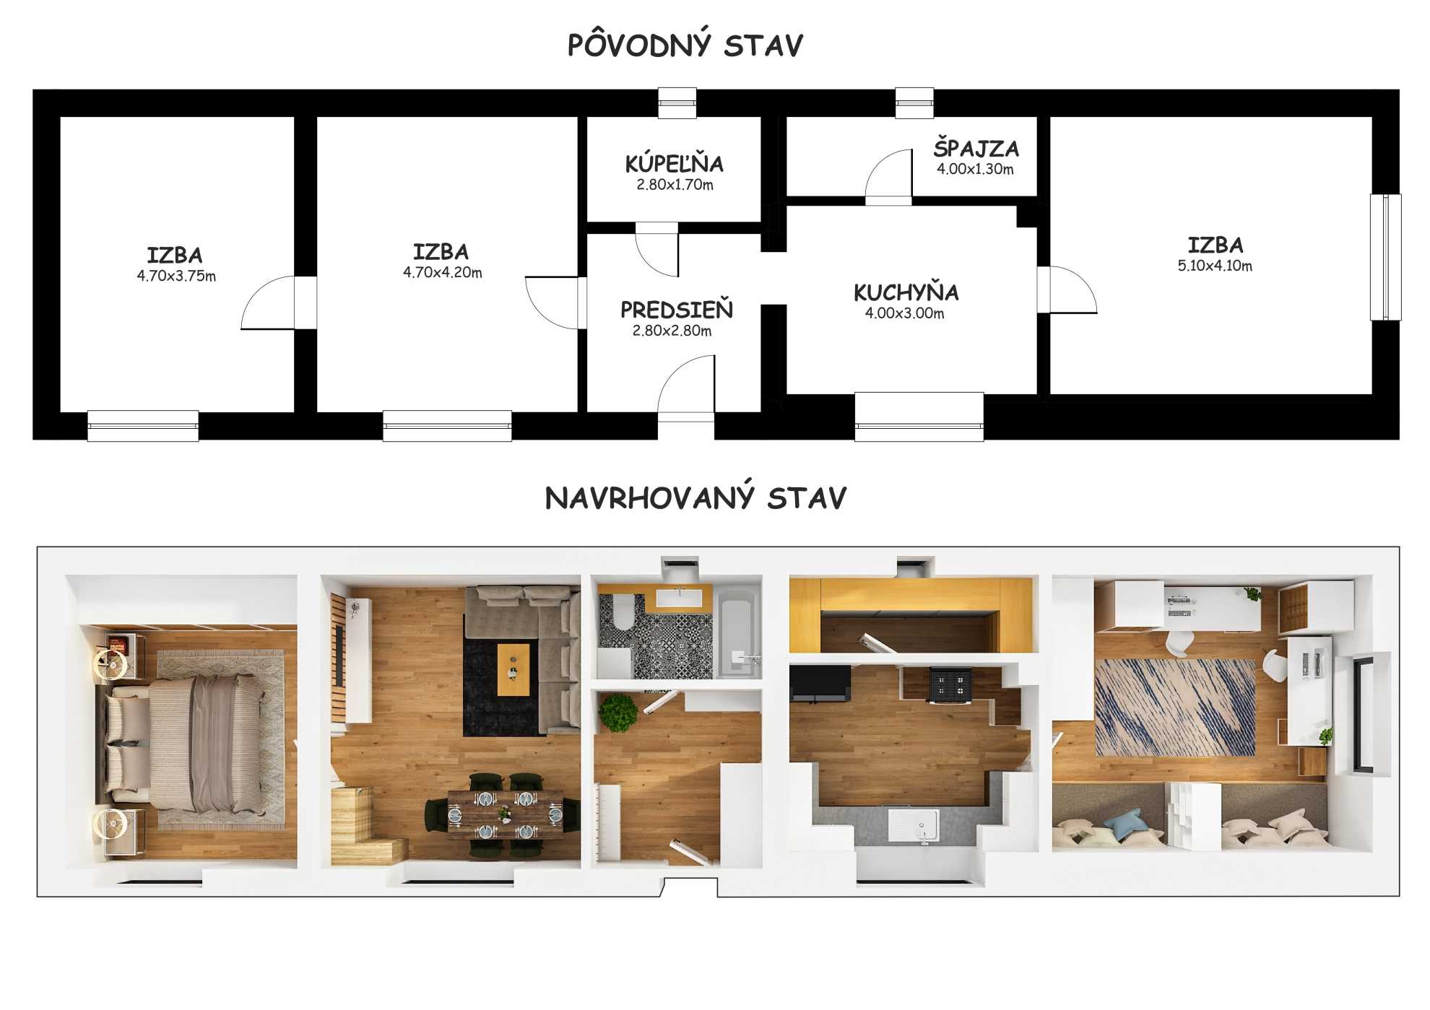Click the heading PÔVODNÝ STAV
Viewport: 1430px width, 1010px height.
pos(685,45)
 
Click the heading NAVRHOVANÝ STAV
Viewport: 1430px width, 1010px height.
pos(695,497)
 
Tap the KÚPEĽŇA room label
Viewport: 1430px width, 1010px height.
pos(675,164)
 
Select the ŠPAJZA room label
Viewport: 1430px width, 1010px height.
pos(976,148)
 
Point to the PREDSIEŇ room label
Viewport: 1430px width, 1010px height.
pos(677,310)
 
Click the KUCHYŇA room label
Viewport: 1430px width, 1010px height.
pos(906,292)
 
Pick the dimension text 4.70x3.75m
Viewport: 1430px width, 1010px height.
pos(176,276)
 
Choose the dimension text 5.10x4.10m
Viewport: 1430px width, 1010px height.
pos(1215,266)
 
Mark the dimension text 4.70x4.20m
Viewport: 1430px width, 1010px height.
pos(442,272)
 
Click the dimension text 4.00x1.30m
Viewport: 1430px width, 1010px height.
pos(975,169)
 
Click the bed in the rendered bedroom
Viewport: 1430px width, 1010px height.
pos(181,744)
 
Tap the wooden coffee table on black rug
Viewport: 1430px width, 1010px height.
pos(513,669)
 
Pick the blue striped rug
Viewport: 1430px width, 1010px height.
pos(1175,708)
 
